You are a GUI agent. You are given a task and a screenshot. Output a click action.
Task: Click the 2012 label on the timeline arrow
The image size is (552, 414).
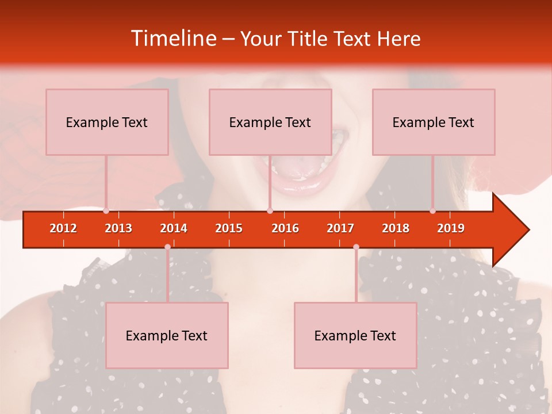click(x=63, y=228)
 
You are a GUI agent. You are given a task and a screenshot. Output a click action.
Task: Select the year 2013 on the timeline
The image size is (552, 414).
click(x=118, y=228)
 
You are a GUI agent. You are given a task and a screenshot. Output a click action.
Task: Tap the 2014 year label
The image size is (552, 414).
click(x=174, y=228)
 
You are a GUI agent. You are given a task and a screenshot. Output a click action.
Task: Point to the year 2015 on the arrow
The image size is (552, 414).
click(x=229, y=228)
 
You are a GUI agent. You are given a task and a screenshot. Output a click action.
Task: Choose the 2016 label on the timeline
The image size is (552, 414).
click(x=285, y=228)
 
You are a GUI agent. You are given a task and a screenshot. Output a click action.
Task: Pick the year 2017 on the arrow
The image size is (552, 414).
click(x=340, y=228)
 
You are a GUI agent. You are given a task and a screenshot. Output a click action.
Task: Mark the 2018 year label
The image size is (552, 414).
click(x=396, y=228)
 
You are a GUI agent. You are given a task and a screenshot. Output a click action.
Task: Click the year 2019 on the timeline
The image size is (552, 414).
click(x=451, y=228)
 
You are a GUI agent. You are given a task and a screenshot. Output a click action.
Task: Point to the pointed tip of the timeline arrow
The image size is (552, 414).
click(x=528, y=229)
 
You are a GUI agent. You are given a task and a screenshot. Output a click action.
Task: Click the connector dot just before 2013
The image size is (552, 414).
click(x=106, y=211)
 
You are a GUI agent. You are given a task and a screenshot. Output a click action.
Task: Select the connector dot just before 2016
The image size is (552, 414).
click(x=270, y=211)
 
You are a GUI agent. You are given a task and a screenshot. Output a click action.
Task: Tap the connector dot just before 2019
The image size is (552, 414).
click(x=433, y=211)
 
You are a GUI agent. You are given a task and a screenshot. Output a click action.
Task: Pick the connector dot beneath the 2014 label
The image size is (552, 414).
click(x=167, y=247)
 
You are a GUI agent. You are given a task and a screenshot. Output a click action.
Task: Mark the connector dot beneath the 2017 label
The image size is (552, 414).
click(x=356, y=247)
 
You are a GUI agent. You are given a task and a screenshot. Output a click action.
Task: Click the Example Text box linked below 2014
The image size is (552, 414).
click(x=167, y=335)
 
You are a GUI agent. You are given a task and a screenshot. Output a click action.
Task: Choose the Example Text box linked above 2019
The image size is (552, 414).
click(x=434, y=122)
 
